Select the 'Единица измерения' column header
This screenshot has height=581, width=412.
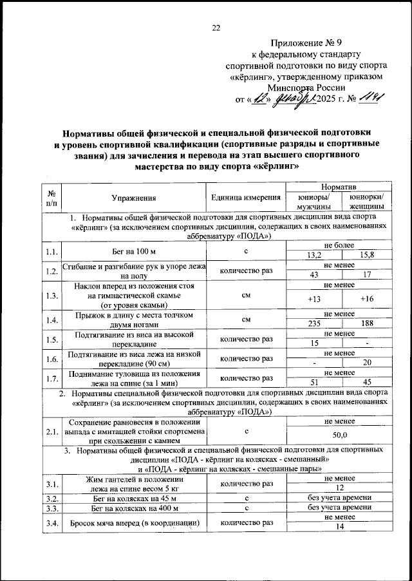(x=245, y=198)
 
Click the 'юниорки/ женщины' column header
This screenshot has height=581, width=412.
(x=366, y=202)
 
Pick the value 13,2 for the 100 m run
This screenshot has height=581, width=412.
(x=315, y=256)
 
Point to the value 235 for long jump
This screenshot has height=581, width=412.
(x=315, y=324)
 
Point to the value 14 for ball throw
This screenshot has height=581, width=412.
(x=340, y=527)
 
